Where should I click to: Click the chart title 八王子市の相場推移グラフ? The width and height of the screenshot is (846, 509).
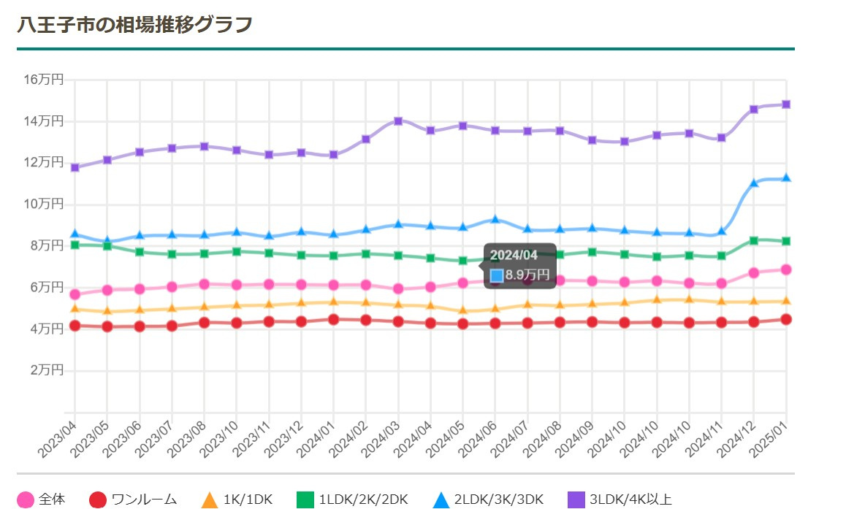[134, 24]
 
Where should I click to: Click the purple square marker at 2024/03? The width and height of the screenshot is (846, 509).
[398, 121]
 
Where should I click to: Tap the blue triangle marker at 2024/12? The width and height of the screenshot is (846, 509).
[754, 183]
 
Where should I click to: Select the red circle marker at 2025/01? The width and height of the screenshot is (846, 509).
[786, 319]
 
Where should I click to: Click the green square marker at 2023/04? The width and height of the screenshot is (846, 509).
[75, 245]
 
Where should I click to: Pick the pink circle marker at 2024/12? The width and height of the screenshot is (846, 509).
[754, 272]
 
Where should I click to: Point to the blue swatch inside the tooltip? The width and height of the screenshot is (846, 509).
[497, 275]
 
